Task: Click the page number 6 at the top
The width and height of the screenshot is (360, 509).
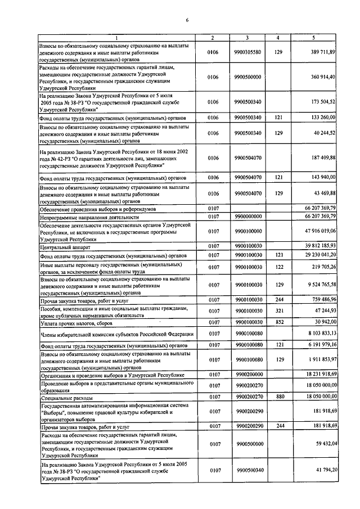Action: (187, 21)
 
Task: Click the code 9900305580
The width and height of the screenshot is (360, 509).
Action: (247, 52)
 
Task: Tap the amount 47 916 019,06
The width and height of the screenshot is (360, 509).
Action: (319, 231)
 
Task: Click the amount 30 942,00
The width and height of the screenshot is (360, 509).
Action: (323, 323)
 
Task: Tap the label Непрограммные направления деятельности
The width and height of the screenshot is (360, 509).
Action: (89, 217)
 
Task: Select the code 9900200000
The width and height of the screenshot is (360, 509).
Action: (247, 373)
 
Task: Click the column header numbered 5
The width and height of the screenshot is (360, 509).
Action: (313, 38)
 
